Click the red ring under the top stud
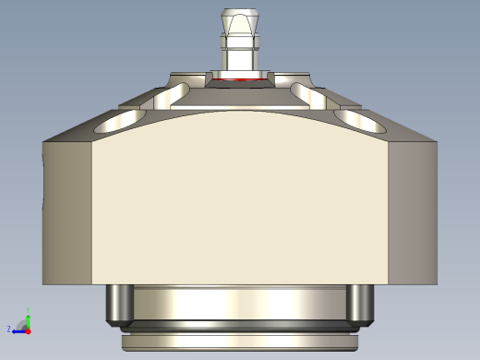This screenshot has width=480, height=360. coord(240,80)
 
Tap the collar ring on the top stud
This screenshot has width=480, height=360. coord(240,42)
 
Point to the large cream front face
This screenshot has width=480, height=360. coord(240,203)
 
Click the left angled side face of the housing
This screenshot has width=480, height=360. coord(66,212)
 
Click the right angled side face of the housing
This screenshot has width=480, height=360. coord(413,212)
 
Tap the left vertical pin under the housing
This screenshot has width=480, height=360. coord(118,305)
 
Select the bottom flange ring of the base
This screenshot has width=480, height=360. coord(240,342)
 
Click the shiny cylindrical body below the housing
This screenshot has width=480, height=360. coord(240,303)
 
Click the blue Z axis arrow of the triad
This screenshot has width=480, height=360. coord(18,330)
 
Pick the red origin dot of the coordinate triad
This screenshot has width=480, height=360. coord(29,330)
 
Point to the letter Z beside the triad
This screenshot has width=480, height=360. coord(9,329)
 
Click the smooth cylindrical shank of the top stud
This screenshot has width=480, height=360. coord(240,60)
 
